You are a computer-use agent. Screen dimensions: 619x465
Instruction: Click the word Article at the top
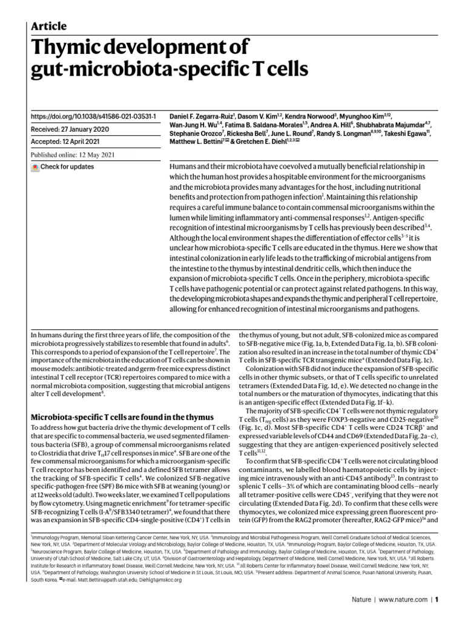[x=48, y=25]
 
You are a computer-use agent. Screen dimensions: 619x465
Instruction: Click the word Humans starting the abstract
[x=184, y=166]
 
